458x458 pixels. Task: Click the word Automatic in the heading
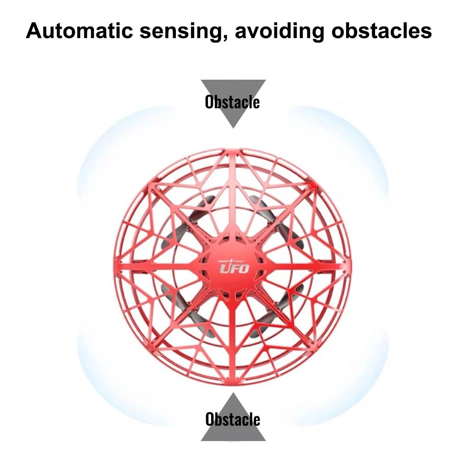point(79,31)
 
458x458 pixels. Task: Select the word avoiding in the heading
point(280,31)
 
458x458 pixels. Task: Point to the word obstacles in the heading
point(381,31)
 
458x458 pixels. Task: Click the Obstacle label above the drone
point(232,102)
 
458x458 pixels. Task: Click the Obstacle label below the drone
point(233,419)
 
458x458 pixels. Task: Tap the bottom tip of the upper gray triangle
point(233,128)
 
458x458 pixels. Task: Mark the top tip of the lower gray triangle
point(233,393)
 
